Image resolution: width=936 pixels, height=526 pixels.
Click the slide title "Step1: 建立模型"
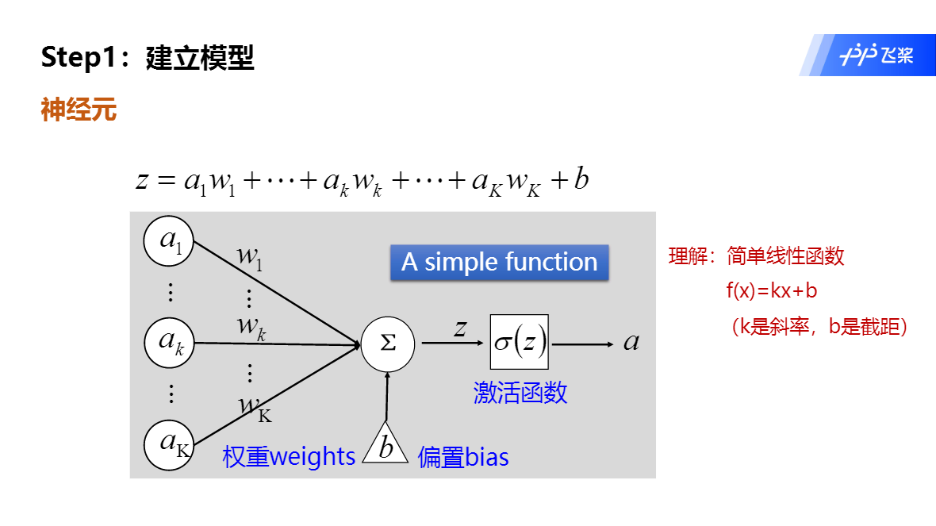pos(148,58)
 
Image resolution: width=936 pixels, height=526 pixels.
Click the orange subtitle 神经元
pos(79,110)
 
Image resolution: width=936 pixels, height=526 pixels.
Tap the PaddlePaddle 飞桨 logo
pos(877,56)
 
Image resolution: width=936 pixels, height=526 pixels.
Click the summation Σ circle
pos(388,344)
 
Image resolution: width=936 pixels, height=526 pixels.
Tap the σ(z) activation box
pos(520,342)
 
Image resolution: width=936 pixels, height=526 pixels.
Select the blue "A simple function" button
pos(500,263)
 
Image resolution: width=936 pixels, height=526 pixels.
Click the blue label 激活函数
pos(520,393)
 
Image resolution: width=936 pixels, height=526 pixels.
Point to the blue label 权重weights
pos(289,457)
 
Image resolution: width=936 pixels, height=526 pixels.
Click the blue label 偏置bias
pos(463,457)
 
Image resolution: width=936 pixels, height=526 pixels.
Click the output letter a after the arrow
pos(631,342)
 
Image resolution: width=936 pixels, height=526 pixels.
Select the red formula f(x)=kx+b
pos(771,291)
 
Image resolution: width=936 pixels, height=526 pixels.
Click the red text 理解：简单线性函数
pos(757,256)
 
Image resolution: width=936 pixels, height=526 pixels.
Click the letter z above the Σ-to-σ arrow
pos(459,328)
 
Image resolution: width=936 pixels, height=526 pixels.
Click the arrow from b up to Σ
pos(387,397)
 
